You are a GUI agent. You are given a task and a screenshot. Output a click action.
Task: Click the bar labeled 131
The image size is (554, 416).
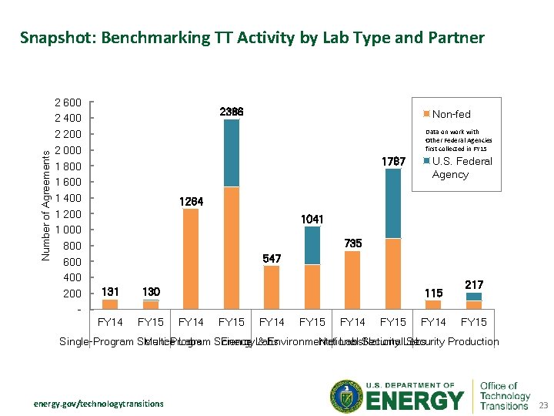110,304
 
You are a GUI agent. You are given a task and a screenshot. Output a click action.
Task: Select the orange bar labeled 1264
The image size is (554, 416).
191,259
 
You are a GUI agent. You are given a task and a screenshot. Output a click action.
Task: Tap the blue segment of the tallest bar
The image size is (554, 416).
231,153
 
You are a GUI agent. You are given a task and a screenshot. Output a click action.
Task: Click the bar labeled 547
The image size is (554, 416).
272,287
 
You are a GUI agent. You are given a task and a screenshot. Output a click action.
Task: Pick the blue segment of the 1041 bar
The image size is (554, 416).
312,245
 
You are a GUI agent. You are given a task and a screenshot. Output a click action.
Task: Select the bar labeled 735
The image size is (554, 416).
352,280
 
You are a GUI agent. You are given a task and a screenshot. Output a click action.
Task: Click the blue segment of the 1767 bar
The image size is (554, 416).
393,203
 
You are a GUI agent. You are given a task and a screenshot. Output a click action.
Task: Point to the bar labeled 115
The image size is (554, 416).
433,305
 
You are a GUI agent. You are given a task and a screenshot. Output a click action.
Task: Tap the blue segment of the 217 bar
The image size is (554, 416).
474,297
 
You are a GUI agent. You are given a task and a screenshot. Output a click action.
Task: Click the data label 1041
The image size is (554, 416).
312,220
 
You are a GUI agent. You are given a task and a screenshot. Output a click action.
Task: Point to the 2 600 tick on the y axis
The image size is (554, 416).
68,102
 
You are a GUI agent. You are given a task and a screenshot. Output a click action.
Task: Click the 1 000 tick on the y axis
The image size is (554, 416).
68,230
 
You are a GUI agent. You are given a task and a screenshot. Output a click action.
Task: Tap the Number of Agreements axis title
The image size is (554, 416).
46,204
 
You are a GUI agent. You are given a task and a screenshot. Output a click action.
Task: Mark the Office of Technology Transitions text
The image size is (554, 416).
505,395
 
